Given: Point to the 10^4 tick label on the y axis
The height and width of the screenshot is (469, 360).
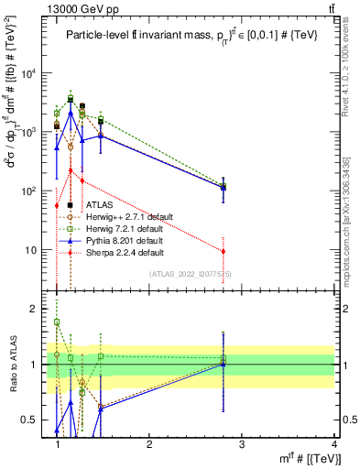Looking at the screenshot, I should coord(29,73).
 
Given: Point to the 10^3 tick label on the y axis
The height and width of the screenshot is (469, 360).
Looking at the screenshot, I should coord(29,132).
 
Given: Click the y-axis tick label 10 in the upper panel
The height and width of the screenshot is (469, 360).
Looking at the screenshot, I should coord(31,249).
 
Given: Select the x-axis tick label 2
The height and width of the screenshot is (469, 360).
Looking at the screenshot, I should coord(149,444).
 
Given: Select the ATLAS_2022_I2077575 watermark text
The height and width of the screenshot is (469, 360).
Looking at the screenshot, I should coord(191,273).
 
